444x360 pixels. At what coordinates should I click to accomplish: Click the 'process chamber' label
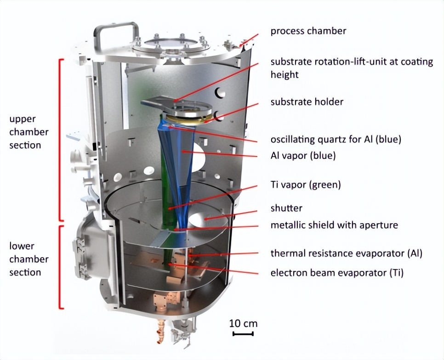(x=308, y=31)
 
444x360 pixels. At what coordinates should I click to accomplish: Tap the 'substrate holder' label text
(x=307, y=102)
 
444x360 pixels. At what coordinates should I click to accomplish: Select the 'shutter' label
(x=286, y=208)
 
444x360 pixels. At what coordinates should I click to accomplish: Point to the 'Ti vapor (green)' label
(x=306, y=185)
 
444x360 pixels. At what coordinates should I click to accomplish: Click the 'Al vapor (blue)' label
(x=303, y=156)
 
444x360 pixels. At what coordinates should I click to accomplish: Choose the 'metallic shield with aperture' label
(x=334, y=225)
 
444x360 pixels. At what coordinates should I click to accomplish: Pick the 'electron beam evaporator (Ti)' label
(x=337, y=273)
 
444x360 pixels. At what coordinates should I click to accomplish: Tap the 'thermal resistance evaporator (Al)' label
(x=346, y=253)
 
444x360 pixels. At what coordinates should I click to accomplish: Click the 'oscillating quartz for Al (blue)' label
(x=336, y=140)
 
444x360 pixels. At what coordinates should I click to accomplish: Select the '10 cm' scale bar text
(x=243, y=323)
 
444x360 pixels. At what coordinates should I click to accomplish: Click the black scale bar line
(x=243, y=334)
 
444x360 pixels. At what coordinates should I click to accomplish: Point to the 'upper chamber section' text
(x=29, y=132)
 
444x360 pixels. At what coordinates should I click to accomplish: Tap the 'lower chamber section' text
(x=29, y=259)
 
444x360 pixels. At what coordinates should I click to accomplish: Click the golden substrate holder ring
(x=188, y=118)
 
